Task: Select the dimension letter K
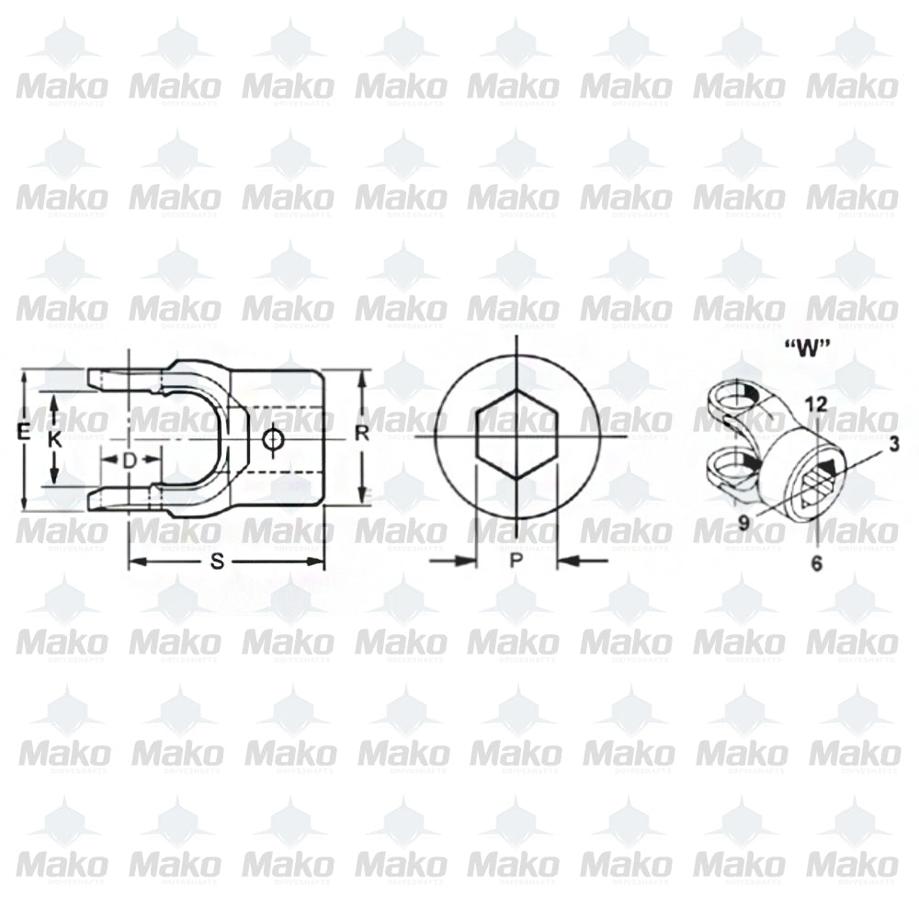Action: click(x=55, y=439)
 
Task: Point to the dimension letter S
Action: click(x=218, y=563)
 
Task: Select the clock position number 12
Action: click(x=814, y=403)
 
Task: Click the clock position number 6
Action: click(x=816, y=564)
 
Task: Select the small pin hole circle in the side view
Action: click(x=271, y=441)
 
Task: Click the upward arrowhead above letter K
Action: click(x=55, y=402)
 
